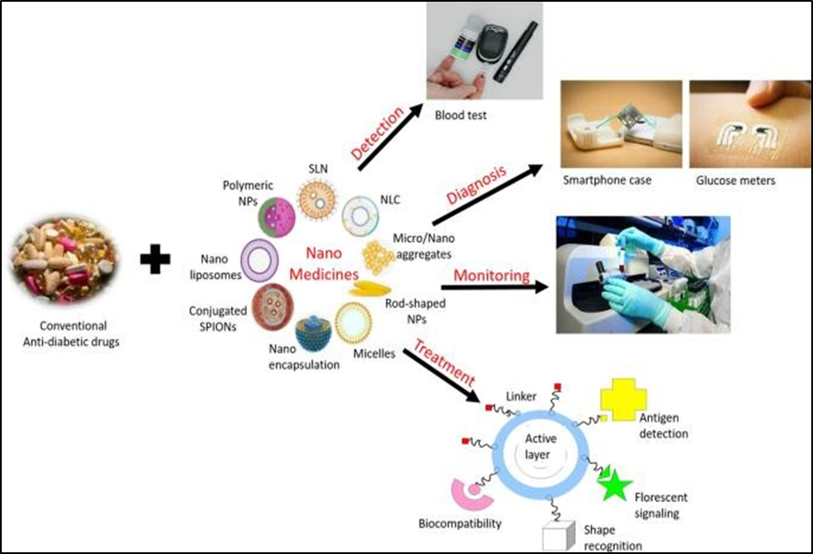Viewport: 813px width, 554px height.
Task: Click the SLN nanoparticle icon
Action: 319,198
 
